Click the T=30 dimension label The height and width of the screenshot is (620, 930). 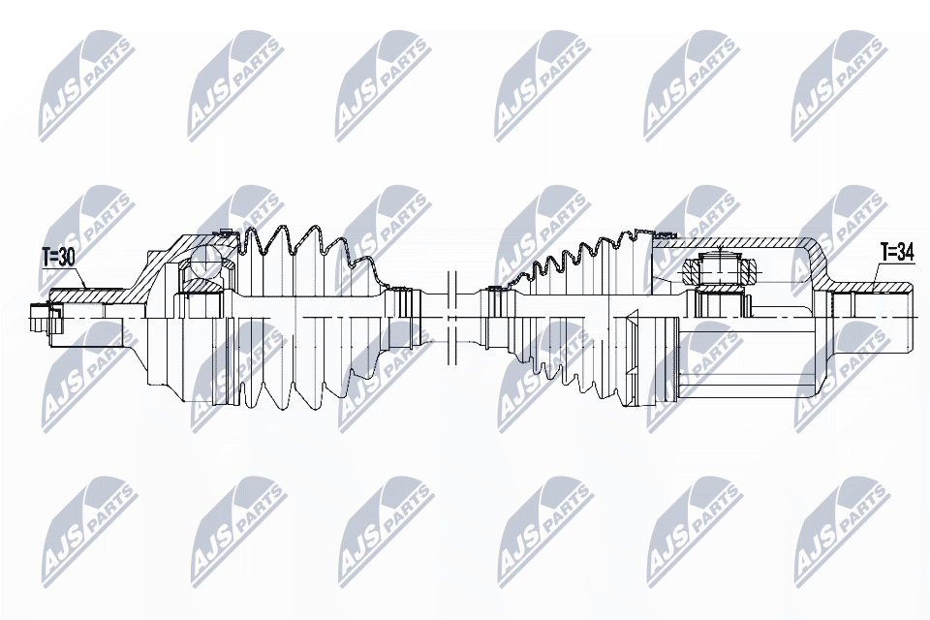57,257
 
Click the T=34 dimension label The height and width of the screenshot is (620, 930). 897,252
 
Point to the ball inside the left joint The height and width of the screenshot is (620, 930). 206,263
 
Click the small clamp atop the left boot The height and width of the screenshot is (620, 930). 222,232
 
